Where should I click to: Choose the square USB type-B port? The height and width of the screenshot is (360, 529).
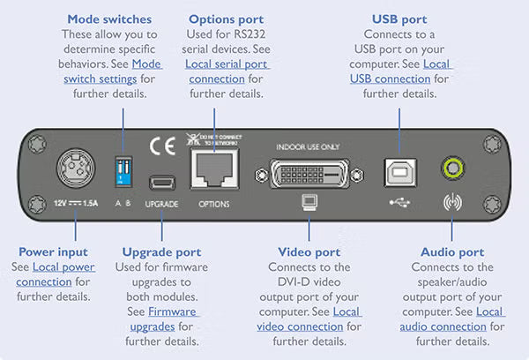point(397,173)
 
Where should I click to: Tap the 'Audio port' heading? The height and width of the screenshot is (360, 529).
point(453,251)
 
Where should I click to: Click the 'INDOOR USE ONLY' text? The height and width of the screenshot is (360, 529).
point(308,146)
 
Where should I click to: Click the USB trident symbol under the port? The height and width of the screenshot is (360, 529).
point(397,201)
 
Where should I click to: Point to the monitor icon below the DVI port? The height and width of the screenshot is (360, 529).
point(309,202)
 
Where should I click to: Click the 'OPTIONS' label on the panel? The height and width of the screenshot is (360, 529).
point(215,204)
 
